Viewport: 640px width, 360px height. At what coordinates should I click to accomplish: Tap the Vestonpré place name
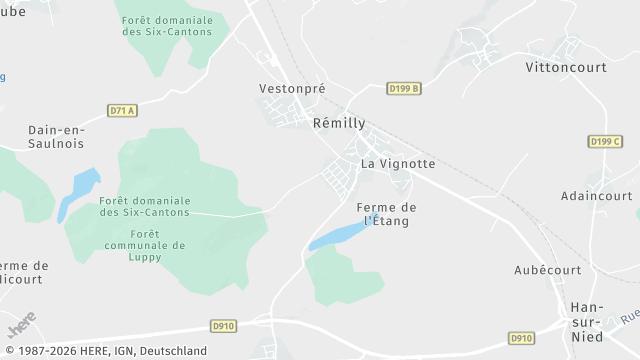click(292, 88)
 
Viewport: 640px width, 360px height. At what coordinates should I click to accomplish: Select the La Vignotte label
click(397, 163)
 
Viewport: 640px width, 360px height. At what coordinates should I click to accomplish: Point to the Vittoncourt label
click(566, 68)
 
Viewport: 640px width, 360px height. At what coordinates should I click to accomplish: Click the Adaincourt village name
click(597, 196)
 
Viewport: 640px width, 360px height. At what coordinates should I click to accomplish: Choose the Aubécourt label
click(547, 271)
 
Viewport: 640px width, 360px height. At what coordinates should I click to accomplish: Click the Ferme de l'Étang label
click(386, 214)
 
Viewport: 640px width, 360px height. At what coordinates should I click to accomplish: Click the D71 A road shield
click(121, 110)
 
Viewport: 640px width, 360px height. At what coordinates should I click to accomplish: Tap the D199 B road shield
click(403, 89)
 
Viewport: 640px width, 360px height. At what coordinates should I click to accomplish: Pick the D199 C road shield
click(605, 142)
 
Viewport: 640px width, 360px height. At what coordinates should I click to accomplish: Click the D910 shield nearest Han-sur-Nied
click(520, 338)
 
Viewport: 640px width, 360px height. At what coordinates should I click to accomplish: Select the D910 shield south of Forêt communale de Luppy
click(224, 325)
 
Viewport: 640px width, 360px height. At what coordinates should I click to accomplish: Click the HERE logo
click(20, 326)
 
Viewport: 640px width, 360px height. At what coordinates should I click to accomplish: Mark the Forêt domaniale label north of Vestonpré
click(167, 25)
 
